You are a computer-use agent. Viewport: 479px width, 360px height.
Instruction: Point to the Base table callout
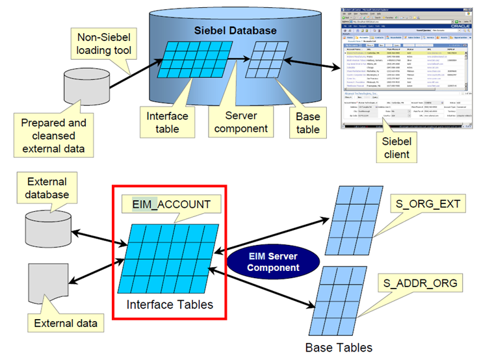(307, 123)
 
